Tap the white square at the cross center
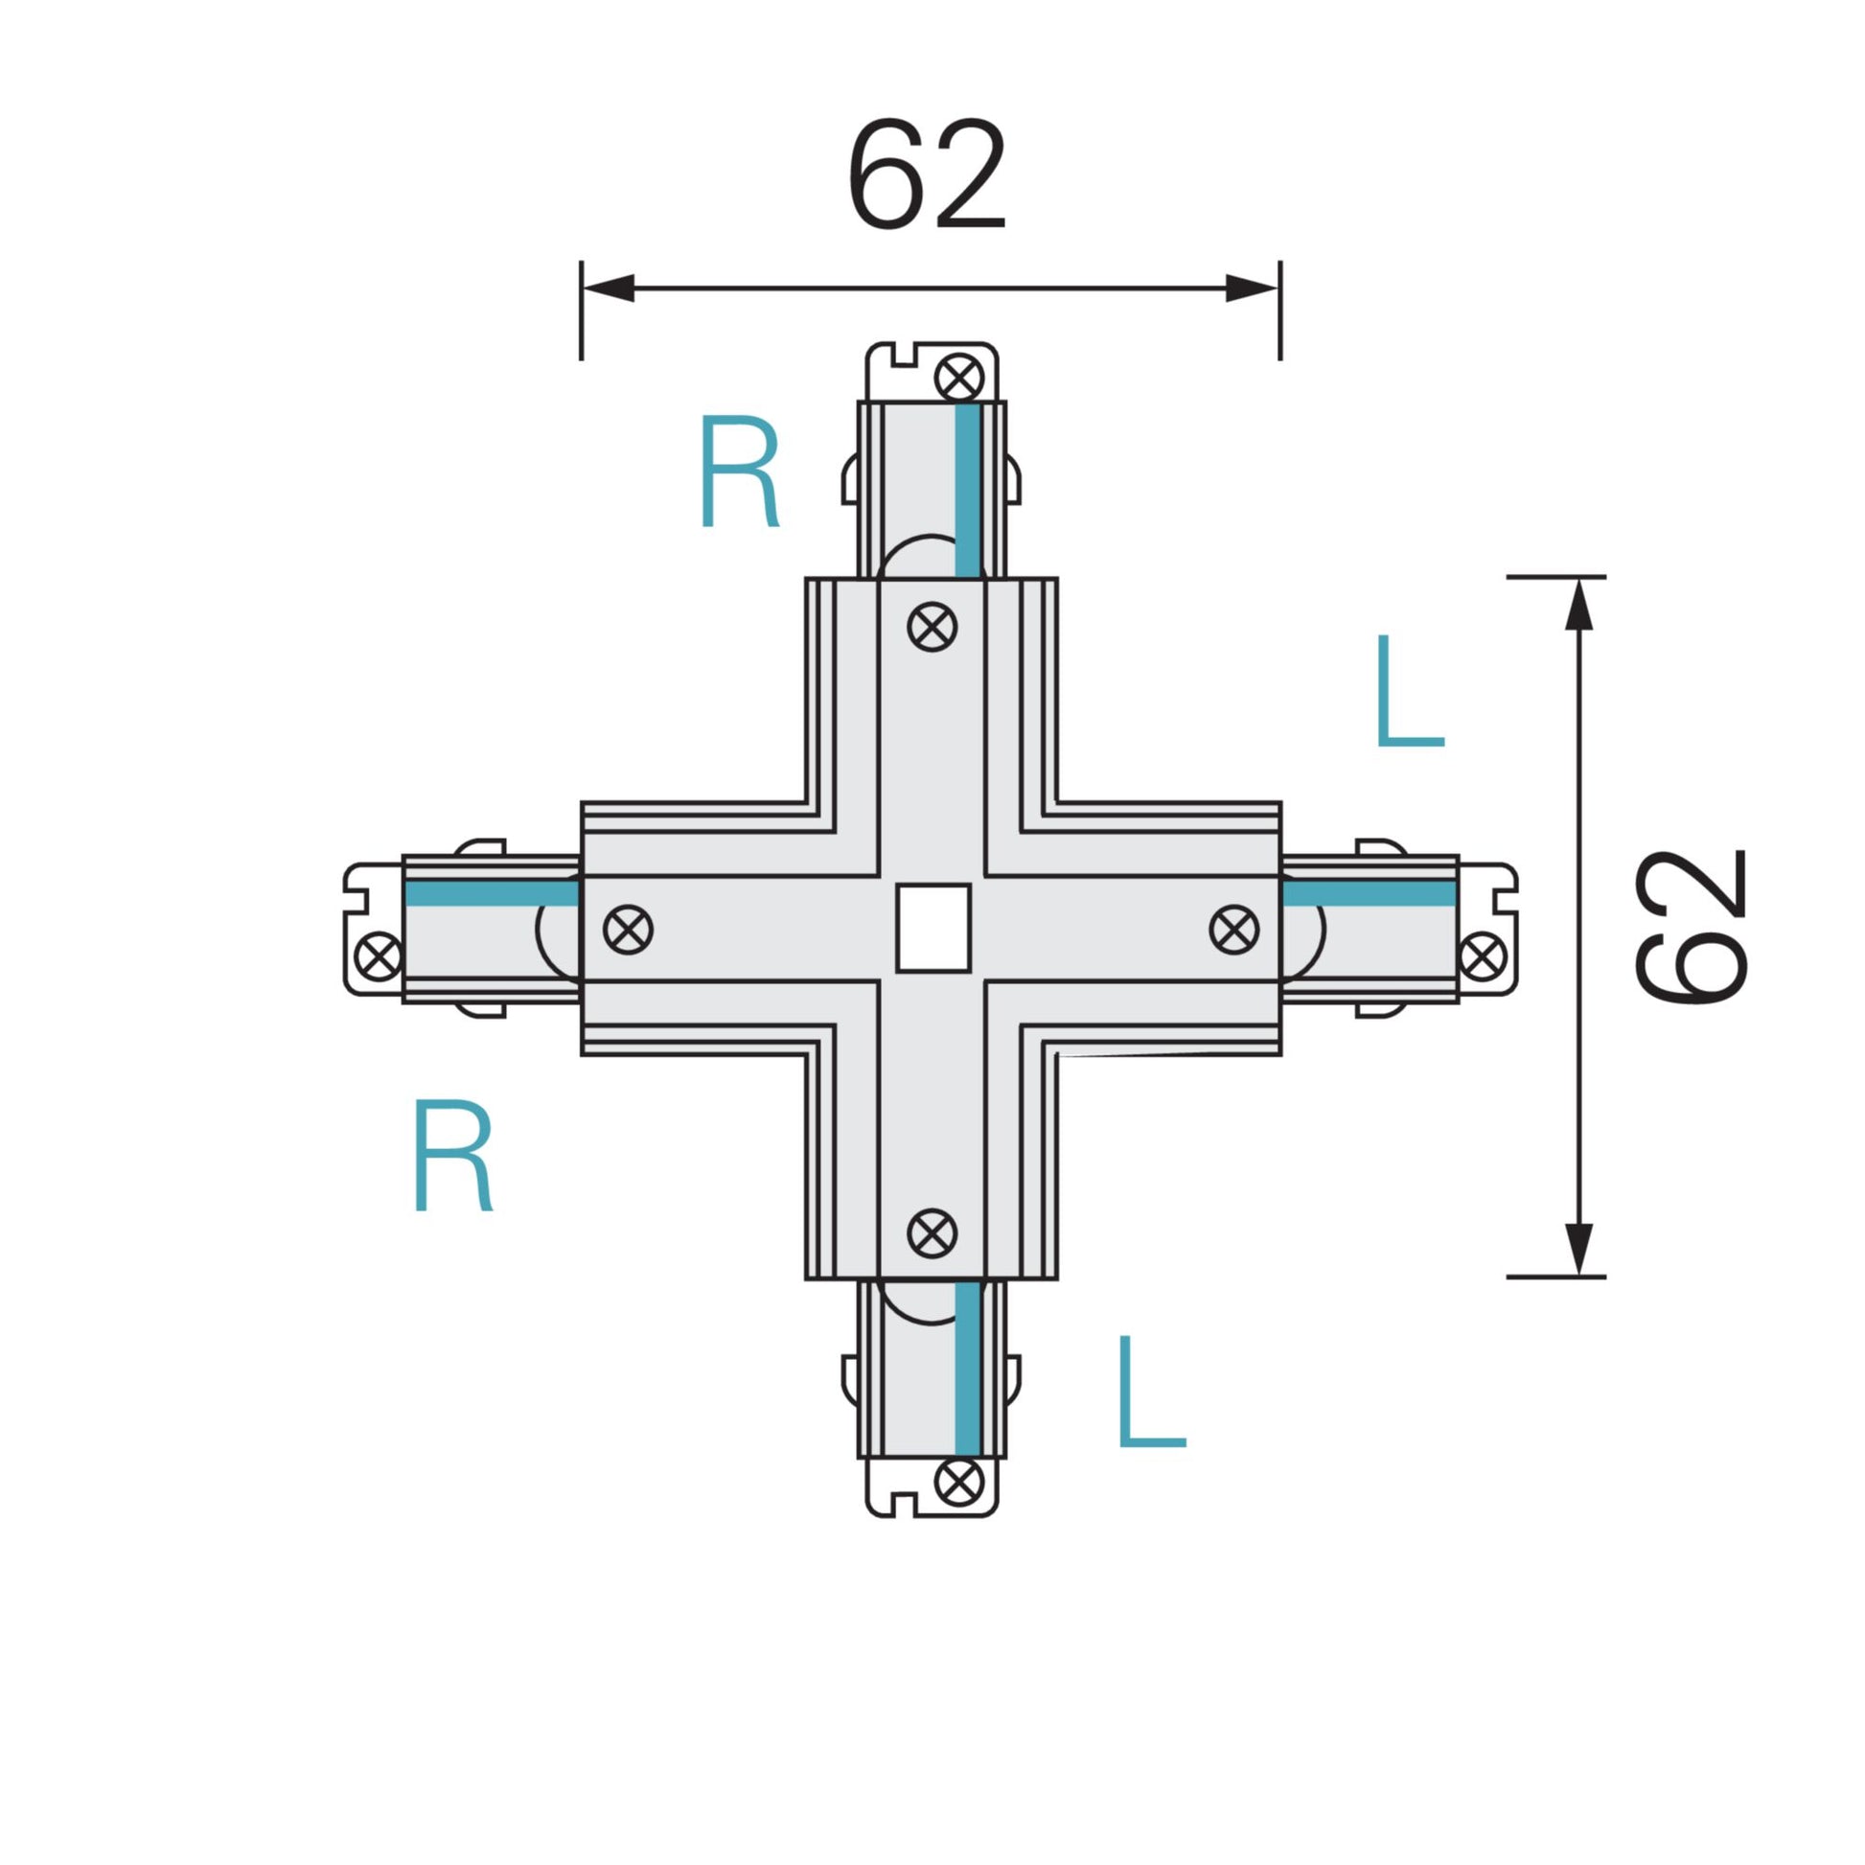932,928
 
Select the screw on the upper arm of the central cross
932,627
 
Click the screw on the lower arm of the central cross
932,1232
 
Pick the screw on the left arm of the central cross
629,930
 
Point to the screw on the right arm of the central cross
1233,930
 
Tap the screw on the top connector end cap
959,377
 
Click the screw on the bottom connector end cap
959,1481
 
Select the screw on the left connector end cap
378,956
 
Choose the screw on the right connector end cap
1481,956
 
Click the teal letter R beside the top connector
739,472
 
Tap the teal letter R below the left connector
452,1155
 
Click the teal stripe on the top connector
967,490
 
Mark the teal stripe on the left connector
491,893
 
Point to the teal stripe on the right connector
1370,893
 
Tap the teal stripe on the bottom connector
967,1369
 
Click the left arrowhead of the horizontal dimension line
609,288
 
